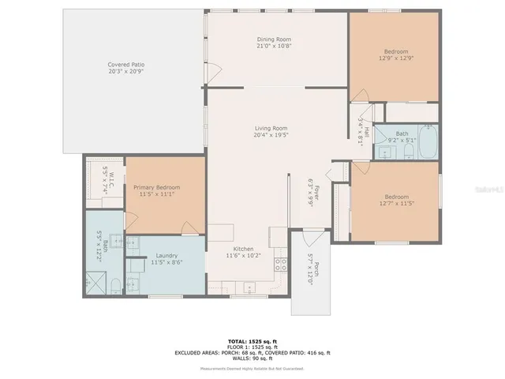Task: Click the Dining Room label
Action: tap(274, 39)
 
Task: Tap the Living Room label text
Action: tap(270, 128)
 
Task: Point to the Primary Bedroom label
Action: tap(160, 187)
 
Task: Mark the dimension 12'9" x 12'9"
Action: tap(396, 58)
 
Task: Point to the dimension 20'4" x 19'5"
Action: tap(270, 135)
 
